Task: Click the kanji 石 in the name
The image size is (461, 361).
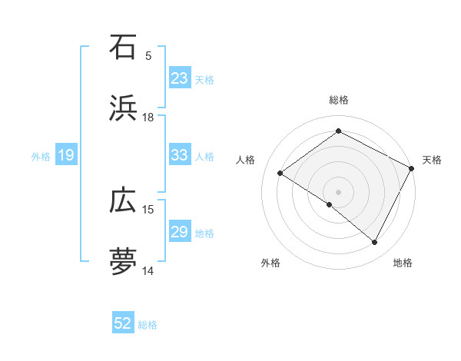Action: (x=123, y=47)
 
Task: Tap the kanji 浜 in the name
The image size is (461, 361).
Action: (x=123, y=108)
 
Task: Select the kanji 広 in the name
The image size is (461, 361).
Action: (x=123, y=200)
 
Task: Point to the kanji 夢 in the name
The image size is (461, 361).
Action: (x=123, y=261)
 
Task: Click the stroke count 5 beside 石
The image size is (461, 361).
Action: (x=148, y=56)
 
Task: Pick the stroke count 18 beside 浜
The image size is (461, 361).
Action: (x=148, y=118)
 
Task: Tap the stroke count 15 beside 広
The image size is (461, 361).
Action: (x=148, y=210)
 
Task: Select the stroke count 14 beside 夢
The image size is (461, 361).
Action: (x=148, y=270)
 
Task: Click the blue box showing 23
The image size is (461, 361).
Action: (x=179, y=78)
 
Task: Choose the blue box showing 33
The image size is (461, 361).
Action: (x=179, y=155)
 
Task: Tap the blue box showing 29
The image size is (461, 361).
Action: (x=179, y=232)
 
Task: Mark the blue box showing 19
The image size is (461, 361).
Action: (x=65, y=156)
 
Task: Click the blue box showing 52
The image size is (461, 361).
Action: (x=123, y=323)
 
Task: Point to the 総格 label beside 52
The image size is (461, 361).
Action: (x=148, y=325)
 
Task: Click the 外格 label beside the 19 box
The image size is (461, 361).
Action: (x=41, y=157)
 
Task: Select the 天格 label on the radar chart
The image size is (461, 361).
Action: (x=432, y=160)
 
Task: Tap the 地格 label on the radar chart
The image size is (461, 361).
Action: (x=403, y=263)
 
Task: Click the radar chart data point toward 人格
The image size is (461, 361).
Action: (x=280, y=174)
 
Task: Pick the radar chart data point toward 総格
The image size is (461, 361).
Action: (x=338, y=131)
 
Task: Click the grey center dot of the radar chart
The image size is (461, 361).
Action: (x=338, y=191)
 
